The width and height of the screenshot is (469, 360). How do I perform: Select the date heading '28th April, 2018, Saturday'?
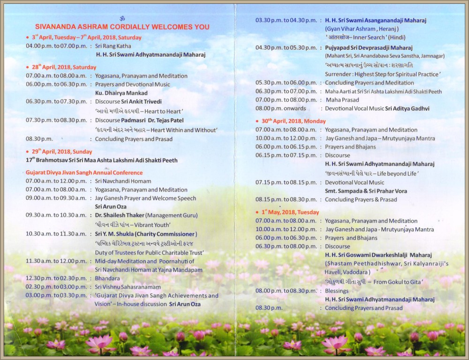63,67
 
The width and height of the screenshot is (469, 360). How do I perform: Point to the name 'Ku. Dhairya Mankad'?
121,93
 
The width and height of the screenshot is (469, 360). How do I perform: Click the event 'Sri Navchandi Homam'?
119,181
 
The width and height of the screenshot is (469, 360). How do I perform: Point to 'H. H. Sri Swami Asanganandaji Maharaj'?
376,20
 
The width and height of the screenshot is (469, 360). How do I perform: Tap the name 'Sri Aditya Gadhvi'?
407,109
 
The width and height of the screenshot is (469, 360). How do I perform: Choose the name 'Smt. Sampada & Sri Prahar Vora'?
366,191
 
